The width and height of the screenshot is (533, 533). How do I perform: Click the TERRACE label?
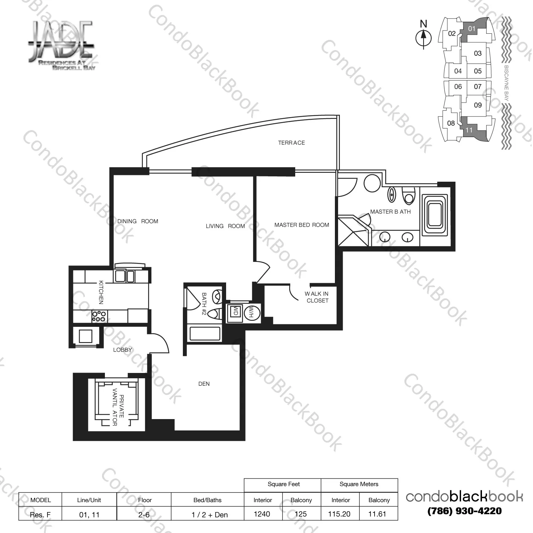click(291, 143)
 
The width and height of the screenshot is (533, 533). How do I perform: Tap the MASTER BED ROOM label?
click(302, 225)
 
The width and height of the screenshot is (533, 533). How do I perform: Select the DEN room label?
click(204, 384)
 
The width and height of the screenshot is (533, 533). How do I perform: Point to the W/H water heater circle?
click(252, 312)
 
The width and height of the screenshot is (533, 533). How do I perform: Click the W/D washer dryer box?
click(235, 312)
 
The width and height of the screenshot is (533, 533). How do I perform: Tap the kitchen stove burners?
click(99, 316)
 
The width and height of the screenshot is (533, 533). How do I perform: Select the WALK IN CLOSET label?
click(317, 297)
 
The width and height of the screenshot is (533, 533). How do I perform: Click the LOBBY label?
click(122, 350)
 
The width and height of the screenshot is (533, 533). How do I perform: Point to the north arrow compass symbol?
click(423, 37)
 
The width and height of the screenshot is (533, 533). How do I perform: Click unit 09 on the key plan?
click(478, 105)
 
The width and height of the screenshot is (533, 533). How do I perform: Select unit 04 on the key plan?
click(458, 71)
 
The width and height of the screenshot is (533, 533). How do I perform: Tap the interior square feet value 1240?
click(262, 514)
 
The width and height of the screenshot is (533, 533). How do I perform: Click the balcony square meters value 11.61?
click(377, 514)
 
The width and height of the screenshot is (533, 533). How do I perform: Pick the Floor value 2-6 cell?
click(144, 515)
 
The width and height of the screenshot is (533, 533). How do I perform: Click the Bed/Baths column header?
click(207, 500)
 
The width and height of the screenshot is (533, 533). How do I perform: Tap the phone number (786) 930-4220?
click(464, 511)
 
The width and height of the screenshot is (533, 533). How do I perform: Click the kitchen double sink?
click(125, 276)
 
